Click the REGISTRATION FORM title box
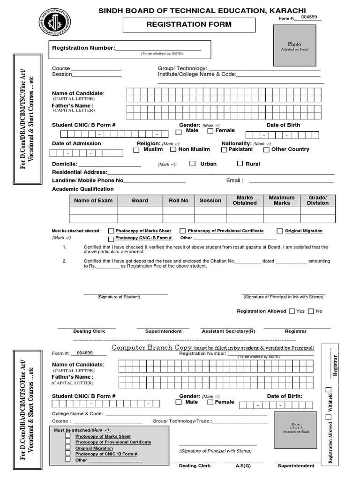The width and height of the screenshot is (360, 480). point(189,25)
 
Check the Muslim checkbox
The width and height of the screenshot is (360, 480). point(136,150)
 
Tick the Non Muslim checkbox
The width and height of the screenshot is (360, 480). point(173,150)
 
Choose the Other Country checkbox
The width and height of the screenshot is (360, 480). point(266,150)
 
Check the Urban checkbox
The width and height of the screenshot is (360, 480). point(192,164)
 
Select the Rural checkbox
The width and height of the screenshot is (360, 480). point(240,164)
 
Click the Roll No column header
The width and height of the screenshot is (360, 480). point(178,201)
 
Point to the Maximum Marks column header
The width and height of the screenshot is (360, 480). point(282,201)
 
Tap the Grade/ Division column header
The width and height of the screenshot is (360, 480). point(318,201)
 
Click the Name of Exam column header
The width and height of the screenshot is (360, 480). point(93,201)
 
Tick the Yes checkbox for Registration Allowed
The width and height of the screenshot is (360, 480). point(292,311)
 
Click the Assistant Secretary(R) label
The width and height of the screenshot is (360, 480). point(228,331)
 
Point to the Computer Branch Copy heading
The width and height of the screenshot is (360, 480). point(151,347)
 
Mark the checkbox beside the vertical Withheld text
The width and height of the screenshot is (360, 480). point(329,390)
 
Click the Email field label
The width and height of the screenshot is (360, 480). point(234,180)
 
